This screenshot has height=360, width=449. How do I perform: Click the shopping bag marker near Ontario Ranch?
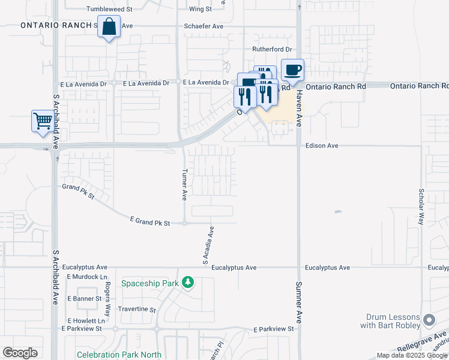coord(109,28)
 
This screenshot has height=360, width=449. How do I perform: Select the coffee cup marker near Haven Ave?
coord(292,71)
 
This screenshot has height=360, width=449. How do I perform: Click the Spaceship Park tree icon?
coord(188,282)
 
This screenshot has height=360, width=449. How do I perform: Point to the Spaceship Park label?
coord(150,283)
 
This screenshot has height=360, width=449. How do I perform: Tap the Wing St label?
coord(200,9)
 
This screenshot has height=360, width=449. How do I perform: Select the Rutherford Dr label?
coord(271,49)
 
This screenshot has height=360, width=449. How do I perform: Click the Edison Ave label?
coord(322,146)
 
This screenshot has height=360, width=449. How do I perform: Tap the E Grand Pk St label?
coord(150,221)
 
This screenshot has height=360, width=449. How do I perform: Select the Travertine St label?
coord(136,310)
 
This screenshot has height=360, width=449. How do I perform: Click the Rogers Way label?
coord(108,299)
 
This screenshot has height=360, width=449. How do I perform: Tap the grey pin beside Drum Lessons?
coord(428,319)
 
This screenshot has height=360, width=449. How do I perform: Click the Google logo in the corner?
coord(20,352)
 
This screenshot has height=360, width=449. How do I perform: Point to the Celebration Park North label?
coord(119,355)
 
